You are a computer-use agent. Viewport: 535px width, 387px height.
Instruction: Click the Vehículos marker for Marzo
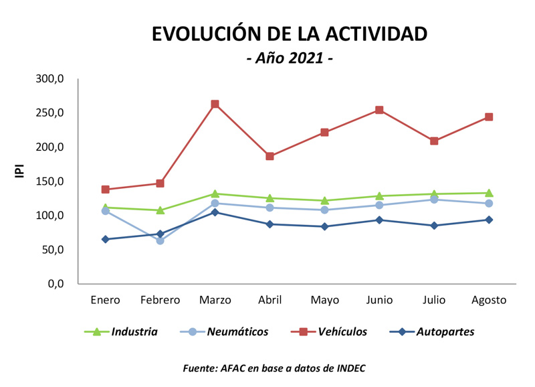215,104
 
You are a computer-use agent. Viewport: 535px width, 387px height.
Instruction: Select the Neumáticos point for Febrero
160,240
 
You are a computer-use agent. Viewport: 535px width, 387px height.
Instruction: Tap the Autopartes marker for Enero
106,239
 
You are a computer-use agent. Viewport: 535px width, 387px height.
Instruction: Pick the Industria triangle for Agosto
489,193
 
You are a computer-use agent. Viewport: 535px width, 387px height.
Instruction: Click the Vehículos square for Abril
270,156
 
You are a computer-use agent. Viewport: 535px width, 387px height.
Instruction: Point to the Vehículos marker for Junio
379,110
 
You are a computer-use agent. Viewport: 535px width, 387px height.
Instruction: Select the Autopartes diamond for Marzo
215,212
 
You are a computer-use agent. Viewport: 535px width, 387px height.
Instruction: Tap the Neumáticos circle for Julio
434,200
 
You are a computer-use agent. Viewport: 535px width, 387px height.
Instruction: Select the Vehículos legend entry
332,331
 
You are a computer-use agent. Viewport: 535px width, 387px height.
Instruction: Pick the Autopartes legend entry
435,331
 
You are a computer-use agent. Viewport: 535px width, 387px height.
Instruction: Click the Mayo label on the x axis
324,300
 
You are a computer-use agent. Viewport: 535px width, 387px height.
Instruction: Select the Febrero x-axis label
160,300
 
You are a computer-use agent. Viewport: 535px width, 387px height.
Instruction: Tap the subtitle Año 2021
290,58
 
